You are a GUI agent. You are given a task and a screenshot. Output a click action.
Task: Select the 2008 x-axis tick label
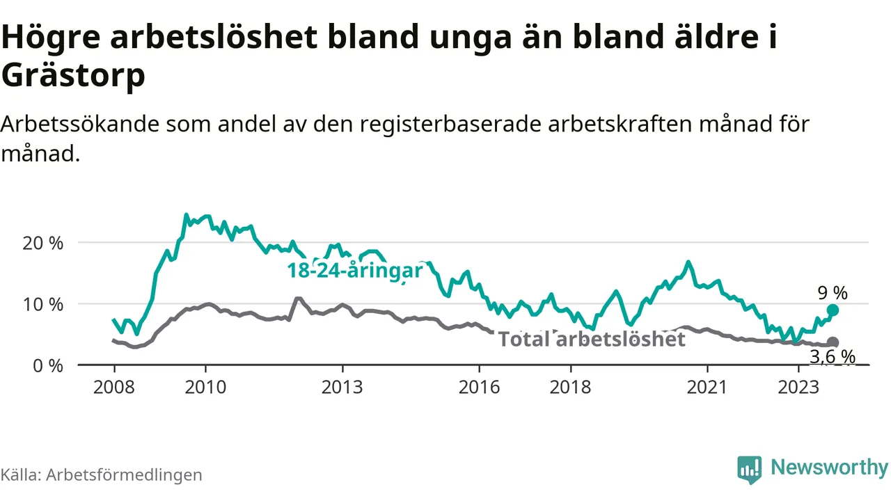pos(113,387)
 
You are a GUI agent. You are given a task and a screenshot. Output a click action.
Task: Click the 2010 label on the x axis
pos(205,387)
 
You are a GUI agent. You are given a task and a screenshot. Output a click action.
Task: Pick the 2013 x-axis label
pos(342,387)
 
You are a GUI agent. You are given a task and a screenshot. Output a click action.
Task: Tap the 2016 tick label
pos(480,387)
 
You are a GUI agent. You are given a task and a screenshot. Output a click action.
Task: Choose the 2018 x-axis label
pos(571,387)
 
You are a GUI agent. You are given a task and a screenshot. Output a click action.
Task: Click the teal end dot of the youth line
pos(833,310)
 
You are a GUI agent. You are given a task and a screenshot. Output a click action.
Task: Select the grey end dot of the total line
pos(833,342)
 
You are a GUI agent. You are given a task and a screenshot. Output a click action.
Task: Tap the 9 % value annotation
pos(833,293)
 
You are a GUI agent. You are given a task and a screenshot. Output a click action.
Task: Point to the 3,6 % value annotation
pos(833,357)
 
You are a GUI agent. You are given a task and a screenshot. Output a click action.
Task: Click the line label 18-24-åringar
pos(355,271)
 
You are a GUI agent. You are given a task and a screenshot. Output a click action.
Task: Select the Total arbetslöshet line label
pos(592,340)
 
